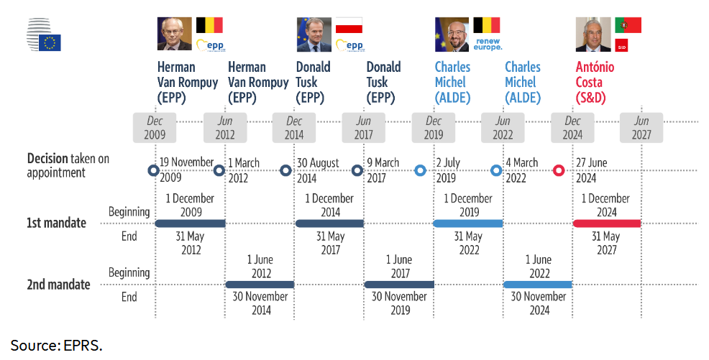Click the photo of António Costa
coord(593,34)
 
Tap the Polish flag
coord(349,26)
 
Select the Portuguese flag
coord(627,25)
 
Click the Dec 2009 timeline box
coord(155,128)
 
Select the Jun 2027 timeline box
coord(641,128)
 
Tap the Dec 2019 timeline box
coord(434,128)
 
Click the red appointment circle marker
coord(559,171)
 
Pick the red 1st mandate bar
coord(607,223)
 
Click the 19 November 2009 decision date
coord(186,170)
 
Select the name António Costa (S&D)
coord(600,82)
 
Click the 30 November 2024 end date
coord(538,303)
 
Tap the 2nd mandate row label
coord(58,285)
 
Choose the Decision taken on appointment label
coord(68,165)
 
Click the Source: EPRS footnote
coord(56,346)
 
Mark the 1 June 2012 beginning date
coord(260,267)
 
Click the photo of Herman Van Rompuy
coord(175,34)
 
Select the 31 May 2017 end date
coord(330,244)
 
